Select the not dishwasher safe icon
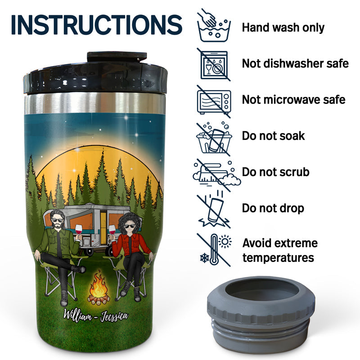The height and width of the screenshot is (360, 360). click(214, 64)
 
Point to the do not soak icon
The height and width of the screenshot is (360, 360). click(214, 136)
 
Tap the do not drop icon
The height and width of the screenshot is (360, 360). click(214, 209)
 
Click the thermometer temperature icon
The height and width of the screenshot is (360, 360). click(214, 249)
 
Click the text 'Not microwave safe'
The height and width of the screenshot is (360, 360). click(293, 99)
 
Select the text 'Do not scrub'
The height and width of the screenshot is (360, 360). click(275, 172)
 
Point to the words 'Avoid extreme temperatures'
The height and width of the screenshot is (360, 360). click(280, 251)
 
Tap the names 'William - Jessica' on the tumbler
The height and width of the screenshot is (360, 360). click(96, 314)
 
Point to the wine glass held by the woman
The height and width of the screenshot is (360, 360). click(112, 230)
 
